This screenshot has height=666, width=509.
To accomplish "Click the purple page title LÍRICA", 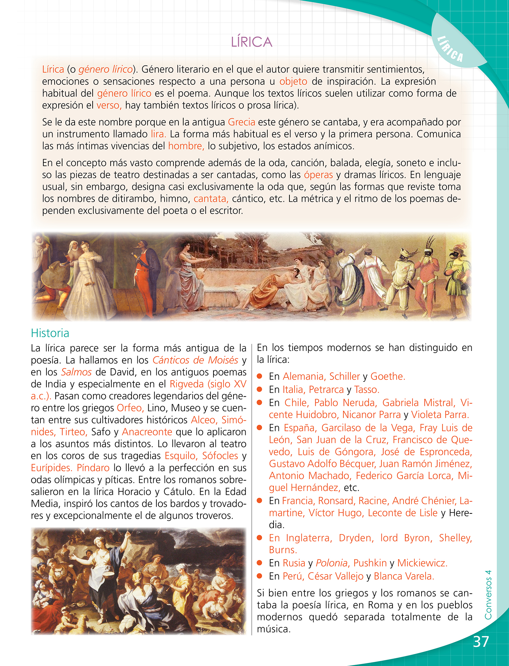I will tap(251, 42).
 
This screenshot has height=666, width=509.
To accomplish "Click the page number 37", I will tap(481, 642).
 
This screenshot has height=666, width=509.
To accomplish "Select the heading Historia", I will tap(50, 333).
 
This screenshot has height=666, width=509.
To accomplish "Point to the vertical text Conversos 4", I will tap(488, 595).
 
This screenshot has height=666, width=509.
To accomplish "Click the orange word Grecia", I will tap(241, 122).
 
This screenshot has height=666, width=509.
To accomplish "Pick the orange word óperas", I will tap(318, 175).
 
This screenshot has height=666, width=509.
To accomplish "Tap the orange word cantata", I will tap(211, 199).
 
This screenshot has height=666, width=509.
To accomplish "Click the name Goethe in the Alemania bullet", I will tap(388, 376).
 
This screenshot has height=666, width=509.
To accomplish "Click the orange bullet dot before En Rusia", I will tap(260, 563).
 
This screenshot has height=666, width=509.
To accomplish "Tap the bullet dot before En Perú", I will tap(260, 576).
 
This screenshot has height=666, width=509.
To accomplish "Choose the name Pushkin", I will tap(370, 563).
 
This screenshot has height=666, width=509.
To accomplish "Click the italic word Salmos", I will tap(76, 372).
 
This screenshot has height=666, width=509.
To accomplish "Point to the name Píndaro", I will tap(93, 468).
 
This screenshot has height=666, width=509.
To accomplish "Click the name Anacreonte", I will tap(147, 432).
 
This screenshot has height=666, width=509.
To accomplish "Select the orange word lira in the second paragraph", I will tap(158, 134).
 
